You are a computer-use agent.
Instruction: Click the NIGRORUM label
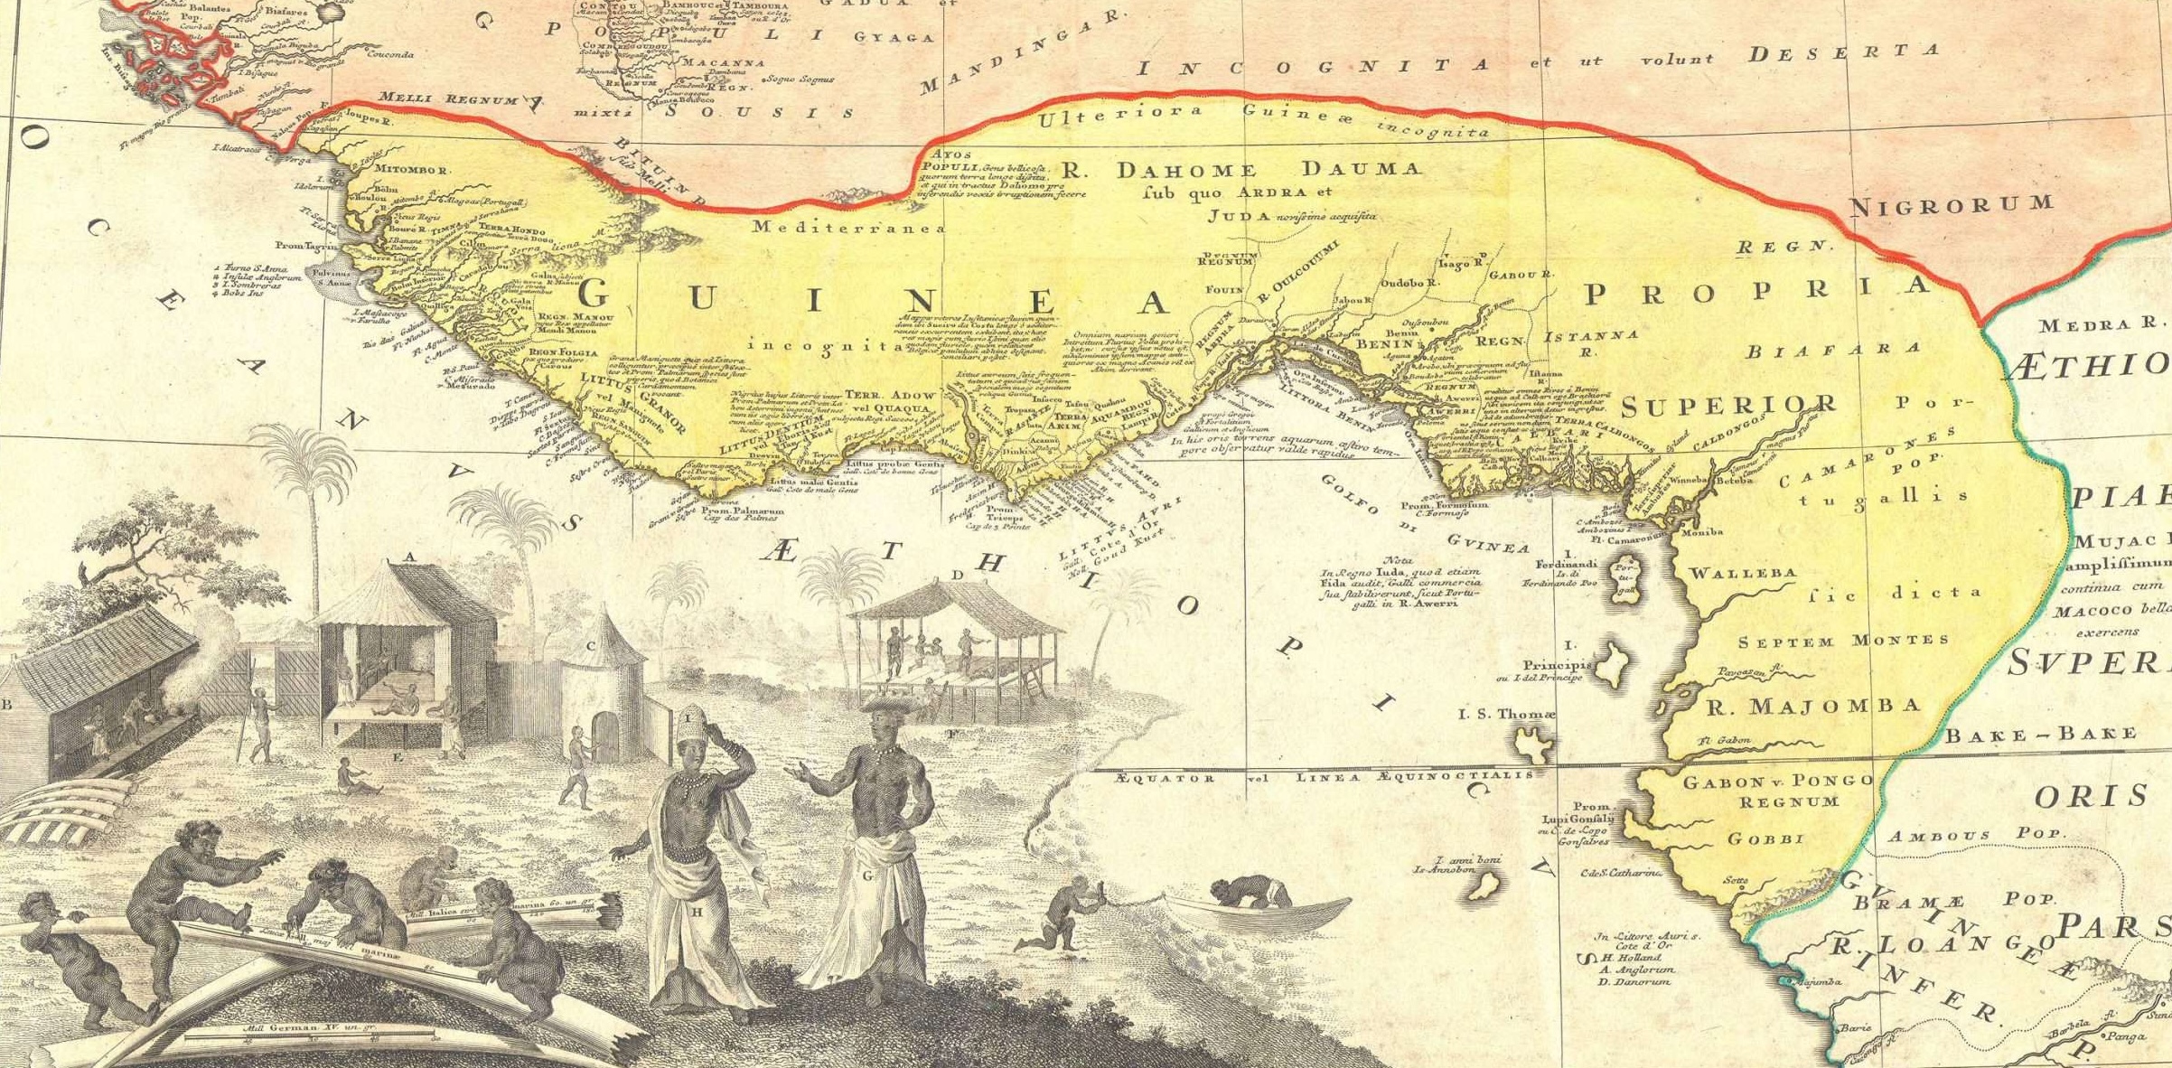pyautogui.click(x=1951, y=205)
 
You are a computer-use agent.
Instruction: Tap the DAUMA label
pyautogui.click(x=1364, y=168)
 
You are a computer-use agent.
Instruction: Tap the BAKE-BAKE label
pyautogui.click(x=2040, y=735)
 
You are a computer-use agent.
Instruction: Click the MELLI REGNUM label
pyautogui.click(x=446, y=98)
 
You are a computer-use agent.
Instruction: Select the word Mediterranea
pyautogui.click(x=848, y=228)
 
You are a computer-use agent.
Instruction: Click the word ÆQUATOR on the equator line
pyautogui.click(x=1165, y=776)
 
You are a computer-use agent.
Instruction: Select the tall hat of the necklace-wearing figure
pyautogui.click(x=696, y=720)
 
